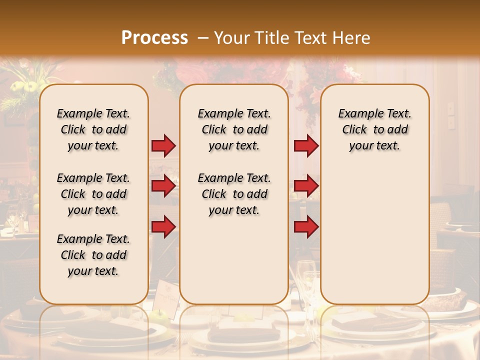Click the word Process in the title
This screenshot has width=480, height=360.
click(x=154, y=38)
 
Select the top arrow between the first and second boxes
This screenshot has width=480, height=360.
click(x=163, y=145)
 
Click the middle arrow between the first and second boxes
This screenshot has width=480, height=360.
click(x=163, y=186)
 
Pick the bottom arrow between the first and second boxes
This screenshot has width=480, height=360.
click(x=163, y=227)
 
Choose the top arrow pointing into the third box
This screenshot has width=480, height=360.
click(x=306, y=145)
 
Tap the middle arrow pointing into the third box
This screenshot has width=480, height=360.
click(x=306, y=186)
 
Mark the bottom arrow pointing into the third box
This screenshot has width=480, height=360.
click(x=306, y=227)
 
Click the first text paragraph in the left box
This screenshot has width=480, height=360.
click(x=93, y=129)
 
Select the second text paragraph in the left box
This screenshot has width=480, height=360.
click(x=93, y=194)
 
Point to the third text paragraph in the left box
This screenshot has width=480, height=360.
click(x=93, y=255)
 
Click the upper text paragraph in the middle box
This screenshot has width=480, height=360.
click(x=234, y=129)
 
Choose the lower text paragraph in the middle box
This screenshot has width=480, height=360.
click(x=234, y=194)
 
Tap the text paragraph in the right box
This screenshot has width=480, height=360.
click(x=374, y=129)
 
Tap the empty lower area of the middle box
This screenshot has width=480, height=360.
click(x=234, y=260)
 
